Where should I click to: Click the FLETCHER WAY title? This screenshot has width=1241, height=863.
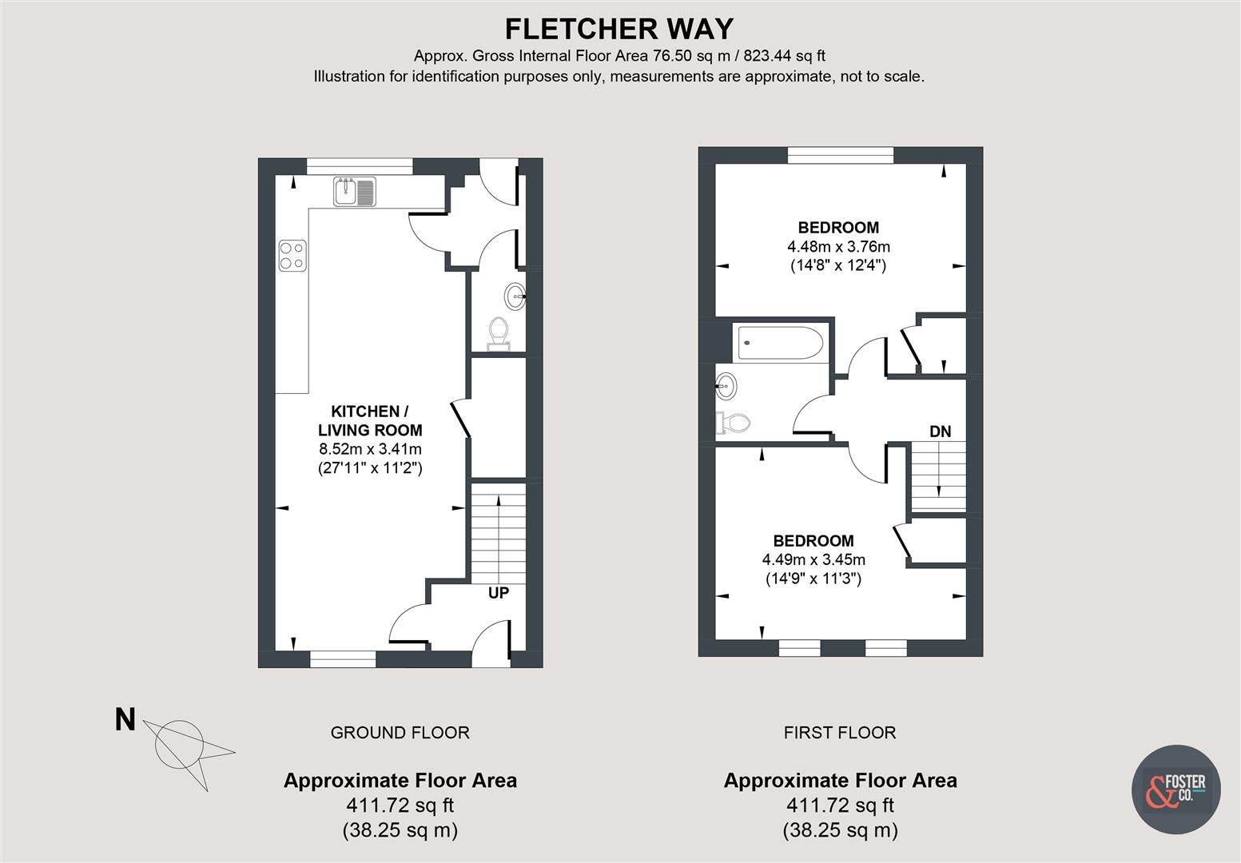click(619, 29)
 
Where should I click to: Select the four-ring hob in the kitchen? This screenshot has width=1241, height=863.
click(292, 255)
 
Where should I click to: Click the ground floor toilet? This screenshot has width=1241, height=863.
click(499, 332)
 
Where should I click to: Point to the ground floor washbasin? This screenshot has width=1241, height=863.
click(515, 296)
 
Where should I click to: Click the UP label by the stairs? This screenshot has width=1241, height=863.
click(499, 593)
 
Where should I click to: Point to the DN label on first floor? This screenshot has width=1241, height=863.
click(940, 431)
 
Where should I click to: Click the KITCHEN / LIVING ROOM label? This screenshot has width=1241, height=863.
click(370, 421)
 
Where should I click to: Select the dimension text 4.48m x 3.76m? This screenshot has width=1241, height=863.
click(838, 246)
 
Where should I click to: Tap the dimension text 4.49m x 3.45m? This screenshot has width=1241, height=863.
click(813, 559)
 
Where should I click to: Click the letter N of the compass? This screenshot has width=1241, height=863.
click(125, 720)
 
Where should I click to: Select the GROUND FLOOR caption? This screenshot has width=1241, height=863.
click(400, 732)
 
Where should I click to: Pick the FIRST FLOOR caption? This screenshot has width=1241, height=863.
click(840, 732)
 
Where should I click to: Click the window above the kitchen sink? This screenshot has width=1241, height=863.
click(360, 165)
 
